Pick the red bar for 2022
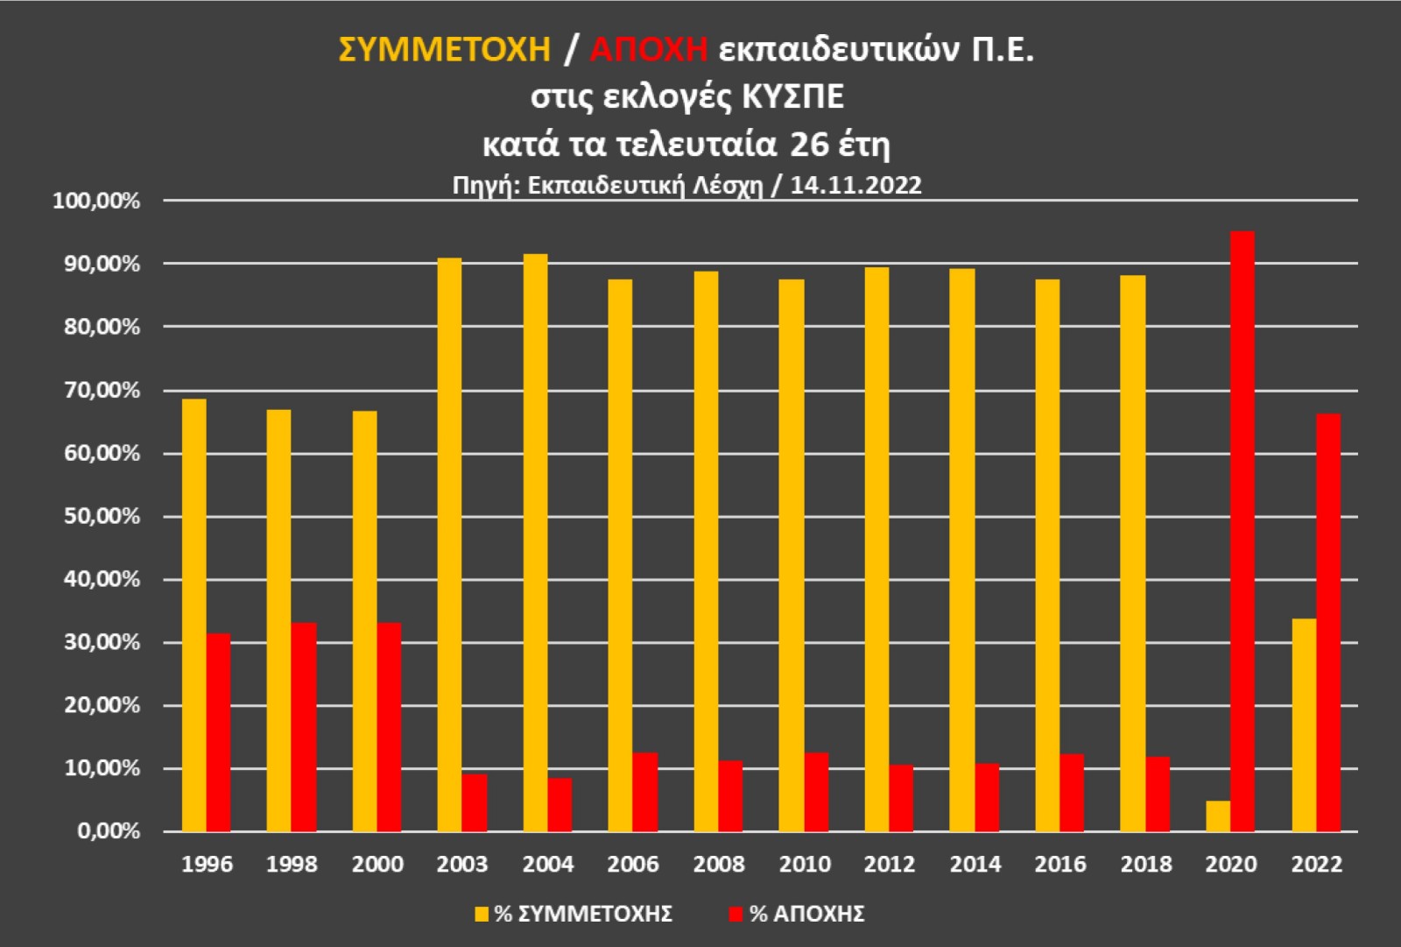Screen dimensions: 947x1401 1327,622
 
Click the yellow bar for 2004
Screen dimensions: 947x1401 535,543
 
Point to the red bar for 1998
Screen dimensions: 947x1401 304,727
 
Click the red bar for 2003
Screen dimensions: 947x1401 475,802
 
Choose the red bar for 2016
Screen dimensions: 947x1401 1072,793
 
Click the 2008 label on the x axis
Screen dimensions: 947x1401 718,865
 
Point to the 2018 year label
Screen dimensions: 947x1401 1145,865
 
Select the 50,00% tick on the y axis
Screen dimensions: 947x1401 102,517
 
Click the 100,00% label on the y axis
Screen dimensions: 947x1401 96,201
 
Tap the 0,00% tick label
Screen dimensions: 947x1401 109,830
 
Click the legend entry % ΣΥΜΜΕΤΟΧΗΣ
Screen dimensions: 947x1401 574,914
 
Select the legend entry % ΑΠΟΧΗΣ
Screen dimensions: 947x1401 797,914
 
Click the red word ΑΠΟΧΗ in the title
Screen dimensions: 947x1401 648,49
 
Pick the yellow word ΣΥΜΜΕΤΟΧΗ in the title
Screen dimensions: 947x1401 444,49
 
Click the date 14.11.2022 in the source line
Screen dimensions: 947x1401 855,185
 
